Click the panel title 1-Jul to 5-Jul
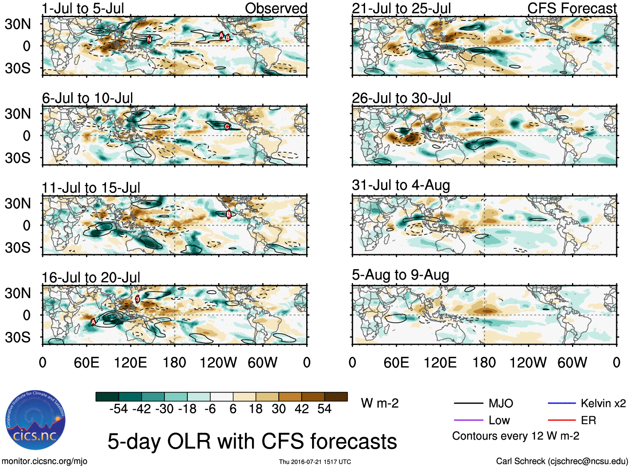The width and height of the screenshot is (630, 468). pyautogui.click(x=83, y=8)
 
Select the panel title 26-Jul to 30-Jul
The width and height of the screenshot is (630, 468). pyautogui.click(x=401, y=98)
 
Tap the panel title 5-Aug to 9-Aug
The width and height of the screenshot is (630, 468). pyautogui.click(x=400, y=275)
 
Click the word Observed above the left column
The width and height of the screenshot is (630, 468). pyautogui.click(x=276, y=8)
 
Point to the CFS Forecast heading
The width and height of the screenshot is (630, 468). pyautogui.click(x=572, y=8)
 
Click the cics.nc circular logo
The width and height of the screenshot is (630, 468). pyautogui.click(x=35, y=420)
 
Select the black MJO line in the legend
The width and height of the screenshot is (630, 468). pyautogui.click(x=468, y=403)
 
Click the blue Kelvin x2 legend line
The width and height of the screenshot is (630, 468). pyautogui.click(x=562, y=403)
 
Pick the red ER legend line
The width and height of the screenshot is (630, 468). pyautogui.click(x=562, y=420)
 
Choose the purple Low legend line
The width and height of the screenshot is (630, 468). pyautogui.click(x=468, y=420)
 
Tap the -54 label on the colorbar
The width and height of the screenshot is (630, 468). pyautogui.click(x=118, y=409)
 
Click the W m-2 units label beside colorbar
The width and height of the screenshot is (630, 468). pyautogui.click(x=380, y=403)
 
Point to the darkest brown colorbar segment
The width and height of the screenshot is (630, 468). pyautogui.click(x=336, y=397)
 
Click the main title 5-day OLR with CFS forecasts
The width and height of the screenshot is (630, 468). pyautogui.click(x=252, y=441)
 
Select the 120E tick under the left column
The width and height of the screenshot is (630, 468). pyautogui.click(x=131, y=362)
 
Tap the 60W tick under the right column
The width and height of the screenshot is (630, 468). pyautogui.click(x=572, y=362)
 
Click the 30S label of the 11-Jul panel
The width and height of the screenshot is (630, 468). pyautogui.click(x=18, y=248)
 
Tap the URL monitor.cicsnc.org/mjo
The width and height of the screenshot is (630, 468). pyautogui.click(x=45, y=461)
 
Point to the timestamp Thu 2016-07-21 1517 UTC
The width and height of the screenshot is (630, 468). pyautogui.click(x=315, y=462)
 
